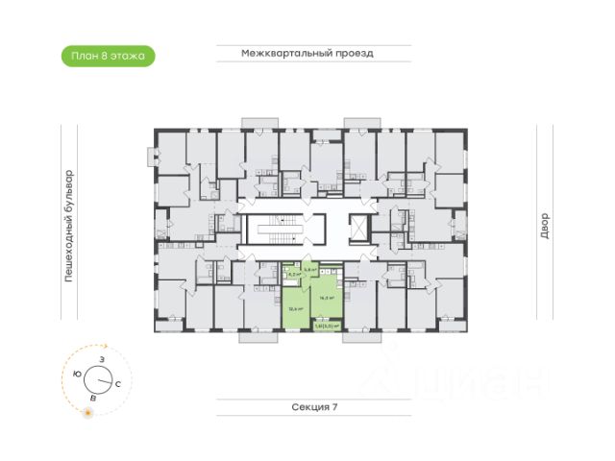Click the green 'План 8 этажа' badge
click(x=107, y=56)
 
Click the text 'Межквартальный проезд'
click(x=307, y=54)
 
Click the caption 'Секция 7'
click(x=314, y=407)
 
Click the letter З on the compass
click(x=101, y=358)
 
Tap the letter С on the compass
click(x=117, y=383)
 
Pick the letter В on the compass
click(x=92, y=397)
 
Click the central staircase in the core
click(x=284, y=230)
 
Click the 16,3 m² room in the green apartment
click(x=328, y=298)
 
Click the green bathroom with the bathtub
click(x=291, y=275)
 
